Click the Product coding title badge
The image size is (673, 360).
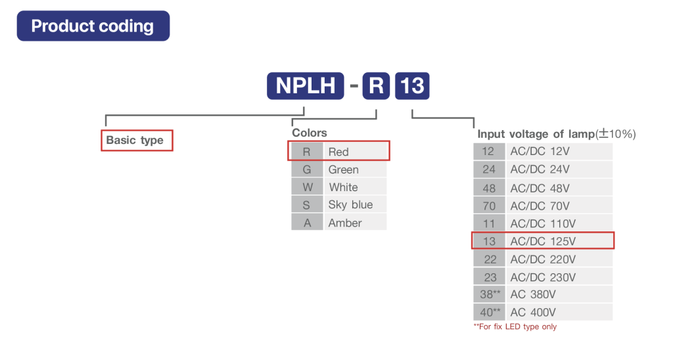coord(93,26)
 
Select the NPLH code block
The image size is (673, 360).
coord(305,86)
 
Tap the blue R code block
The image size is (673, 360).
coord(376,86)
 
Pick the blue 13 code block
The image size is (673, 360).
coord(412,86)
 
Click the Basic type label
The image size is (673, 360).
coord(135,141)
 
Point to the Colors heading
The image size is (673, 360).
coord(310,133)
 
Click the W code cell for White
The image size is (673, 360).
coord(307,187)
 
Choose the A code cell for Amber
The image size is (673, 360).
coord(307,223)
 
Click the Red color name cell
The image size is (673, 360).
coord(356,152)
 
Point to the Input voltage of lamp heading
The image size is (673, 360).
coord(556,134)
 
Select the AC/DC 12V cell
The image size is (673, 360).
coord(559,152)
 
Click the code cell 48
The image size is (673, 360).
coord(489,187)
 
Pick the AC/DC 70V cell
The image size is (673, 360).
coord(559,206)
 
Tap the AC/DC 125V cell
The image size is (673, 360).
coord(559,241)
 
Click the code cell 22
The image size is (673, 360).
coord(489,259)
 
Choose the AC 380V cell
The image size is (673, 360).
coord(559,294)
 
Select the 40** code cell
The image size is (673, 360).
coord(489,312)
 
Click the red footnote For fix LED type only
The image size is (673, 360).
coord(515,326)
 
